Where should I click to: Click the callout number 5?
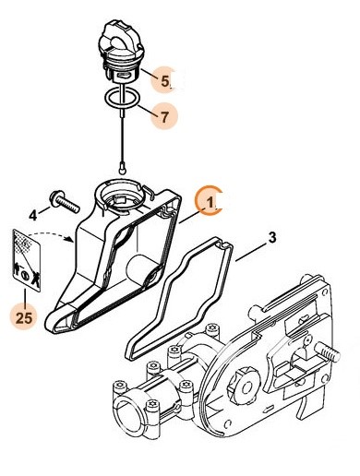166,80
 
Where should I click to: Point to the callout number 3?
271,237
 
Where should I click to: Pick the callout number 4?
32,215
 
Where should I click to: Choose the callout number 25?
23,317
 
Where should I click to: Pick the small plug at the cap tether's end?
123,168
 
